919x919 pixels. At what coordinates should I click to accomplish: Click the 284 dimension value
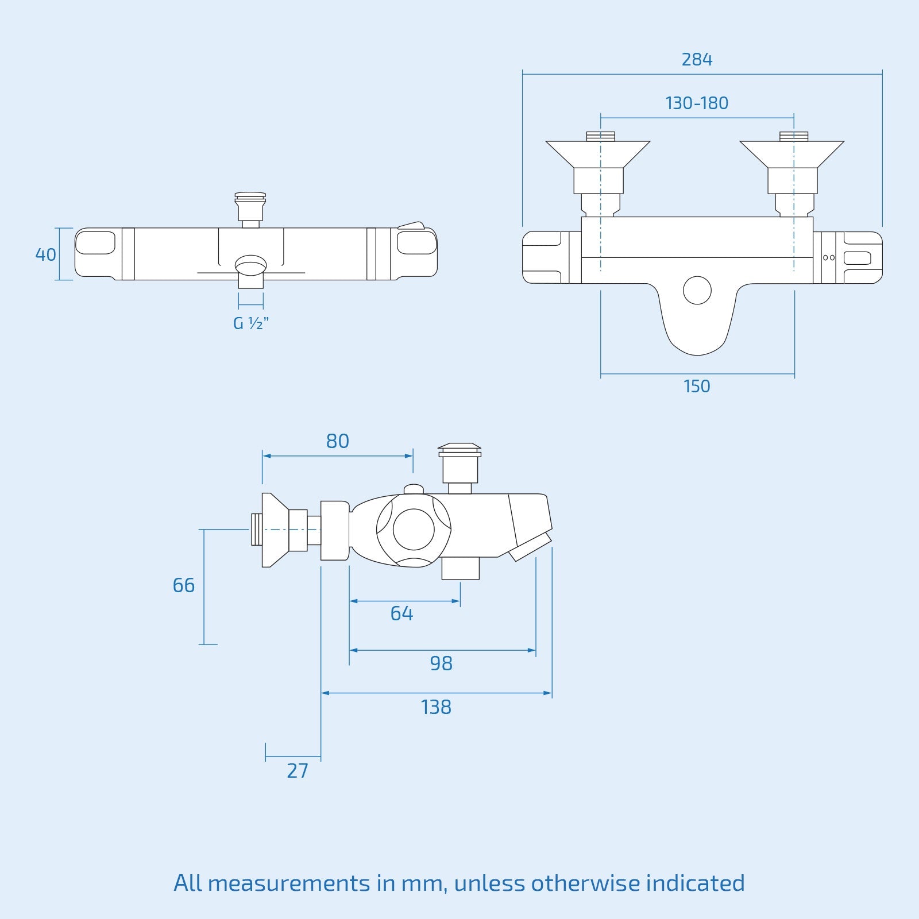point(697,60)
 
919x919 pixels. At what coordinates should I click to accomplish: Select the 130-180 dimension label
point(697,103)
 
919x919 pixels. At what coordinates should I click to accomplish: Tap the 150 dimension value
point(697,387)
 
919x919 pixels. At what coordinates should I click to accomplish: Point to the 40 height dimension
point(46,254)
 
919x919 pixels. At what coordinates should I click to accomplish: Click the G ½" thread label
point(251,323)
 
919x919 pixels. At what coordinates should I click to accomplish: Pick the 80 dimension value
point(337,441)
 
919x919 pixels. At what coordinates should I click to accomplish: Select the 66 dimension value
point(184,585)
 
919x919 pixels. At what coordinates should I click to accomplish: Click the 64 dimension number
point(401,613)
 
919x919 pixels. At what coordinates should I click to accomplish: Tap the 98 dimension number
point(441,663)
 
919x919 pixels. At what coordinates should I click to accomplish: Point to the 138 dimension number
point(436,707)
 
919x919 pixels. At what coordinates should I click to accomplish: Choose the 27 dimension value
point(298,771)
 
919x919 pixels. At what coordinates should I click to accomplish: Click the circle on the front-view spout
point(697,290)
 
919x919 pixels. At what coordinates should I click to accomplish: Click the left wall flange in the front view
point(598,154)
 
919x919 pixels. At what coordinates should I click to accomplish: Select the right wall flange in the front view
point(792,154)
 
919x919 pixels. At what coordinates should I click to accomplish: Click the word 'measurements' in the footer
point(288,883)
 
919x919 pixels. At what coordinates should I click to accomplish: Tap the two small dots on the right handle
point(829,258)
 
